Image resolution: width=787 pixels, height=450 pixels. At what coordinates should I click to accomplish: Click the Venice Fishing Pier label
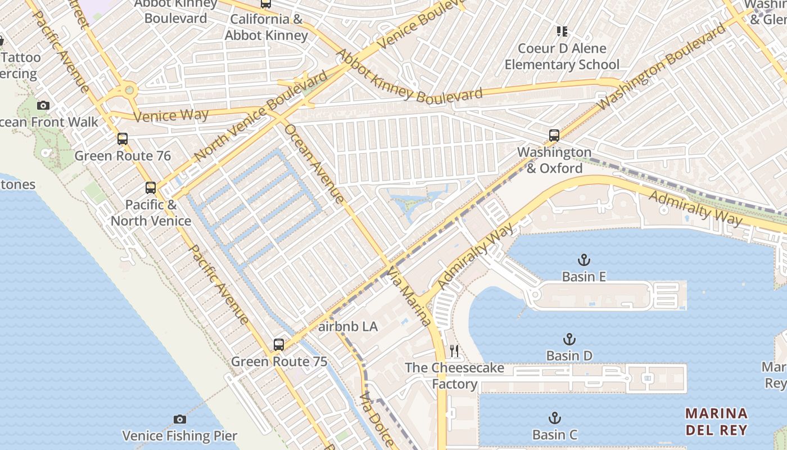[179, 436]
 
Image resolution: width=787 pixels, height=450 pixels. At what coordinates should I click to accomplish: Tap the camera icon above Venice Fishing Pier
[180, 419]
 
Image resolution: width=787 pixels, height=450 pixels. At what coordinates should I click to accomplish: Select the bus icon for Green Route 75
[279, 344]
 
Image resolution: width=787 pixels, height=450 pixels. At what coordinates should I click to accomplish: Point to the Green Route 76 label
[123, 156]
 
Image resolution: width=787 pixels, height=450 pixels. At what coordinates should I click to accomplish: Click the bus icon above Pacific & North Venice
[151, 187]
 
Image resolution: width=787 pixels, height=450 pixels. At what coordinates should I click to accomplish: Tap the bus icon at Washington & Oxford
[554, 135]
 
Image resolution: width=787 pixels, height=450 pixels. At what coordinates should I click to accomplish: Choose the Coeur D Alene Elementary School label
[562, 56]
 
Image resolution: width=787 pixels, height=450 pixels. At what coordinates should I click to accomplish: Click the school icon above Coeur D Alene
[562, 31]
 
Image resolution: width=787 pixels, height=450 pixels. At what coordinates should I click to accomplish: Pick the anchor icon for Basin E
[584, 260]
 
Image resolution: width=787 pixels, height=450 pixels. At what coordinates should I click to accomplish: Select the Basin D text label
[569, 355]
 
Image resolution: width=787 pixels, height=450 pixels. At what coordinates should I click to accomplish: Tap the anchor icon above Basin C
[555, 418]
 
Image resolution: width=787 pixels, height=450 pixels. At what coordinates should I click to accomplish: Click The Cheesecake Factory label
[454, 376]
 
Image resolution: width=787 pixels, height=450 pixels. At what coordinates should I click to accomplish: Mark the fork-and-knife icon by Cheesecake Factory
[454, 352]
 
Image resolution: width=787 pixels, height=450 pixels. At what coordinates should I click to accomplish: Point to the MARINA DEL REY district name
[716, 422]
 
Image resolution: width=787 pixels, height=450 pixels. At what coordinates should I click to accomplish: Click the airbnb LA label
[348, 327]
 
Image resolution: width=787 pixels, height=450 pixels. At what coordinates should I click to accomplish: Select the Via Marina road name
[409, 297]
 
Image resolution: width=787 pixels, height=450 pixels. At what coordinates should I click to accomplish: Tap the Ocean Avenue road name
[314, 163]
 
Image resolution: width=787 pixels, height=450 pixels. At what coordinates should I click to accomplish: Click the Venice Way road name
[171, 116]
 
